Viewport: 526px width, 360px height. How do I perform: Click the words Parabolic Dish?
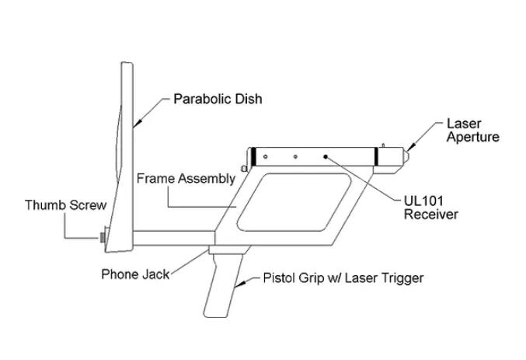click(x=218, y=100)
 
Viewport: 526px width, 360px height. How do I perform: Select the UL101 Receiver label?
click(x=430, y=208)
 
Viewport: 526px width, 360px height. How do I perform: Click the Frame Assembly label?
click(x=186, y=179)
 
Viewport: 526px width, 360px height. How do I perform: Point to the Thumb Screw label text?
click(x=65, y=205)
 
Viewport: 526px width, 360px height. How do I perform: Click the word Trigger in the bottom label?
click(x=401, y=278)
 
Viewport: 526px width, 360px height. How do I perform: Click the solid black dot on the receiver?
click(x=326, y=156)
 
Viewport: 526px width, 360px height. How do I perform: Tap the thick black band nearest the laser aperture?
click(x=377, y=156)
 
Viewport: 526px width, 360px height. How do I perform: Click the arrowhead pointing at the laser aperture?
click(x=411, y=149)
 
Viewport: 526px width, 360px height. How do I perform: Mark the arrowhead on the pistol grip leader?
click(x=239, y=287)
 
